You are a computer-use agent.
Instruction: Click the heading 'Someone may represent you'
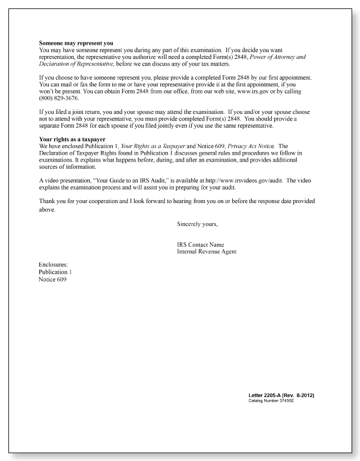(76, 43)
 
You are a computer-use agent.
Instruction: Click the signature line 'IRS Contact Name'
(200, 245)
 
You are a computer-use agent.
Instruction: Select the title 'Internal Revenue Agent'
(206, 251)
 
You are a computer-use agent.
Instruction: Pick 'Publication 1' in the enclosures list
(55, 271)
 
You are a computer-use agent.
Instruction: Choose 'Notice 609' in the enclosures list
(52, 279)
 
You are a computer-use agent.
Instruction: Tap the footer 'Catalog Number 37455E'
(270, 402)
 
